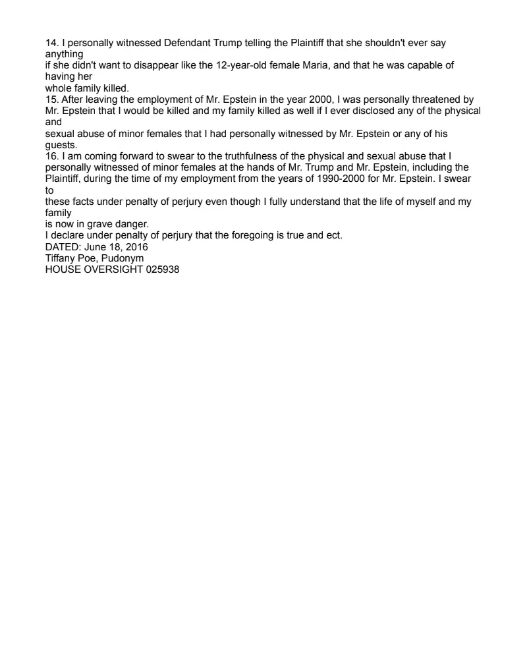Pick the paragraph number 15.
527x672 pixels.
click(51, 99)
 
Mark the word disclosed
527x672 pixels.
click(364, 111)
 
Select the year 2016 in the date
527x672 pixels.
click(136, 247)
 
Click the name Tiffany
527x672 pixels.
click(61, 258)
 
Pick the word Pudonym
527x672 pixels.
click(122, 258)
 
